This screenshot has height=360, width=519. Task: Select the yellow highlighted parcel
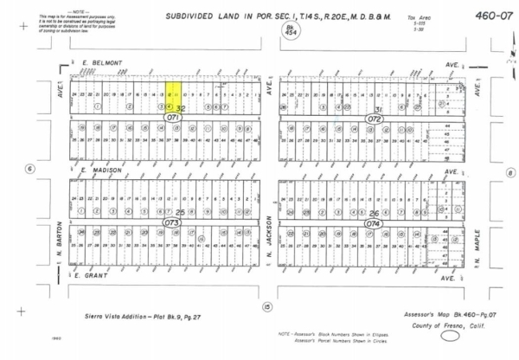click(173, 96)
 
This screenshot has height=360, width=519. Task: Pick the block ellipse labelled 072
click(375, 116)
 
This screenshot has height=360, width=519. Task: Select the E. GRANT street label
click(90, 278)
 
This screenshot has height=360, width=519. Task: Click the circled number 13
click(268, 306)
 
